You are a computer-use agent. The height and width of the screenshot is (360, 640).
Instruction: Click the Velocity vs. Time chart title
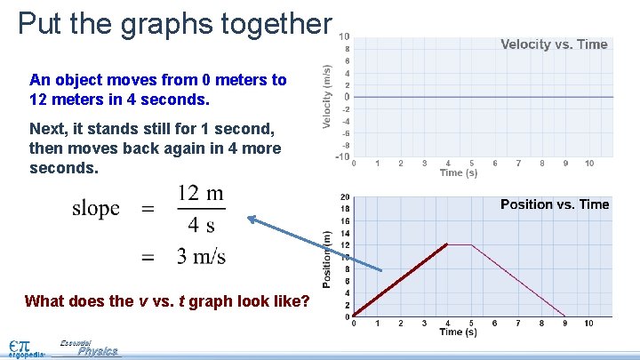(554, 44)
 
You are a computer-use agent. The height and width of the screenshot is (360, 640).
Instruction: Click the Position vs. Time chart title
(555, 204)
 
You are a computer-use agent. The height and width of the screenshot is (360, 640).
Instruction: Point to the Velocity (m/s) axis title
(327, 96)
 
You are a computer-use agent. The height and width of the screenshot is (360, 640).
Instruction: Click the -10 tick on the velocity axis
(342, 156)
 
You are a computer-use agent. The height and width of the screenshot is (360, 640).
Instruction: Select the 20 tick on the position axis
(344, 197)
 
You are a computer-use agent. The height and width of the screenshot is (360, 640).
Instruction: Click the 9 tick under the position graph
(564, 324)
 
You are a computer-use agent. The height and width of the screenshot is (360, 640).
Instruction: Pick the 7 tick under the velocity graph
(518, 164)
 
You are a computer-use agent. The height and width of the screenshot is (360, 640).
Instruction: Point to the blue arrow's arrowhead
(252, 219)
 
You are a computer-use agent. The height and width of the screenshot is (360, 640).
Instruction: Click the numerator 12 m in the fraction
(200, 194)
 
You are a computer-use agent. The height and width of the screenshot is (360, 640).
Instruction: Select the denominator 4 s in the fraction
(200, 225)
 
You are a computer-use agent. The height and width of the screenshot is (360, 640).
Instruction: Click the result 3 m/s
(201, 257)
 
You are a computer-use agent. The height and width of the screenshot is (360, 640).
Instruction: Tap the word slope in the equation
(96, 209)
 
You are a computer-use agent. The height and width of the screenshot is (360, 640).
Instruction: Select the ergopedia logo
(25, 348)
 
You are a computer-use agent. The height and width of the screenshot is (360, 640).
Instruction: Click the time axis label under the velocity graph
(459, 173)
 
